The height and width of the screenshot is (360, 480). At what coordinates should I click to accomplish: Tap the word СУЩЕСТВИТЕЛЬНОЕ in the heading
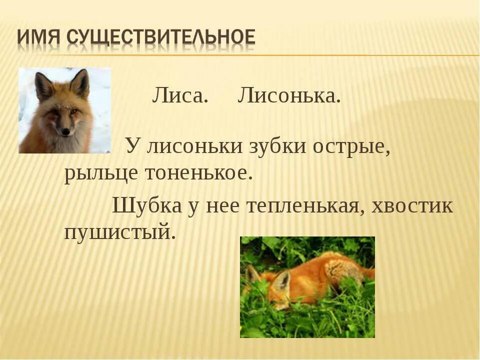coord(160,37)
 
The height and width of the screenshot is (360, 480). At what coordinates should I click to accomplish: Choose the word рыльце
coord(100,173)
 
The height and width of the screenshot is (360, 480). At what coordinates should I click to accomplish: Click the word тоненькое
coord(196,173)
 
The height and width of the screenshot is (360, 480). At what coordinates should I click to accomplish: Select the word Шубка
coord(146,205)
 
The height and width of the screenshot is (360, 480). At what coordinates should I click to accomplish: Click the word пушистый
coord(120,232)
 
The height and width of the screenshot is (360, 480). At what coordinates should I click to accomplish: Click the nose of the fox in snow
coord(65,131)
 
